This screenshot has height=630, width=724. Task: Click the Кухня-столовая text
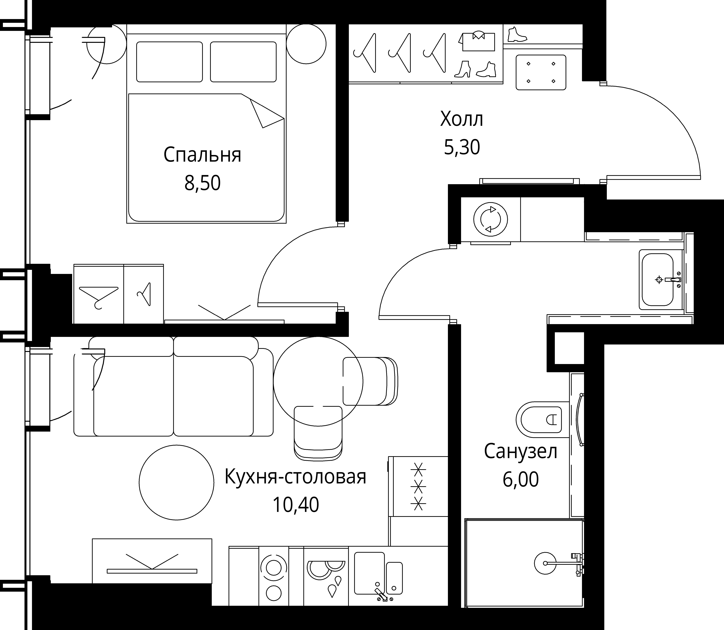pos(295,477)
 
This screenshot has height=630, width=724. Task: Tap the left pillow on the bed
pos(170,62)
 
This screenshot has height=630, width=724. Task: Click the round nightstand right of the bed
pos(306,44)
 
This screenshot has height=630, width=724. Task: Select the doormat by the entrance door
pos(541,72)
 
